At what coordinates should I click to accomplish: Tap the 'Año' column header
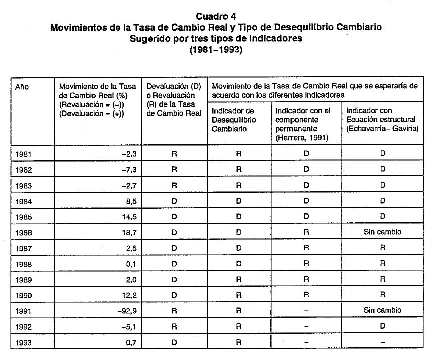tap(22, 87)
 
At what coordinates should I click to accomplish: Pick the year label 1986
tap(24, 232)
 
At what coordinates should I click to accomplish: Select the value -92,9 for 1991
tap(125, 310)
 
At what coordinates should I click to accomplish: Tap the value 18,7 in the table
tap(128, 232)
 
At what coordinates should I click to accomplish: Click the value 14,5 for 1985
tap(128, 217)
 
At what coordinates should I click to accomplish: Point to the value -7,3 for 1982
tap(128, 170)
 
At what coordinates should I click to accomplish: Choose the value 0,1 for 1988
tap(129, 264)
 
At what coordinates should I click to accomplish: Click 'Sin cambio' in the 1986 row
tap(382, 232)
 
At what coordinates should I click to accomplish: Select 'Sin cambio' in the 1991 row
tap(382, 310)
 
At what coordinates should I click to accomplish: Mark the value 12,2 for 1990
tap(128, 295)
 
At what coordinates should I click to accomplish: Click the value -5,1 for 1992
tap(128, 326)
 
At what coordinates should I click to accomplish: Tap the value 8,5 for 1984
tap(129, 201)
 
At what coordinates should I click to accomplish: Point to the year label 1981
tap(24, 154)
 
